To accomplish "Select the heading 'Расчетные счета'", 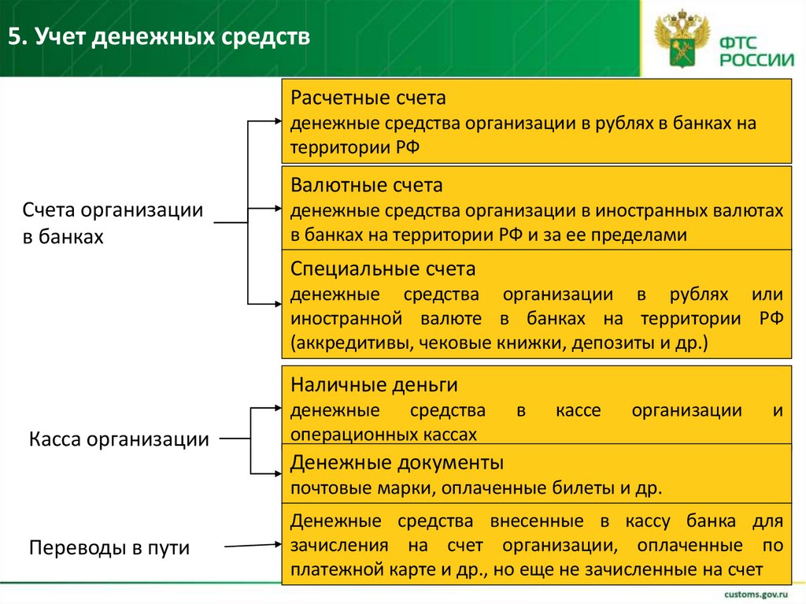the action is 368,99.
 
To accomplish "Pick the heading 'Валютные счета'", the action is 366,186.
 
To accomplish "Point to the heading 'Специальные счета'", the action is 383,270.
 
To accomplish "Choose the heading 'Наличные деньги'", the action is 374,385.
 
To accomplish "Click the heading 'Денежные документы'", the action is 397,461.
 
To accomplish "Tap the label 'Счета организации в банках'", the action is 112,223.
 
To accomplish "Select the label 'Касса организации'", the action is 119,439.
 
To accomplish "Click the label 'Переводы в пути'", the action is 109,547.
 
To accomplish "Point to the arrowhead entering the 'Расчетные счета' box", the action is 277,121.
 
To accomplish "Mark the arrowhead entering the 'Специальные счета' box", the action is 277,303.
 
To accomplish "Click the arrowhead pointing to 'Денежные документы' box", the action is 277,473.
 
